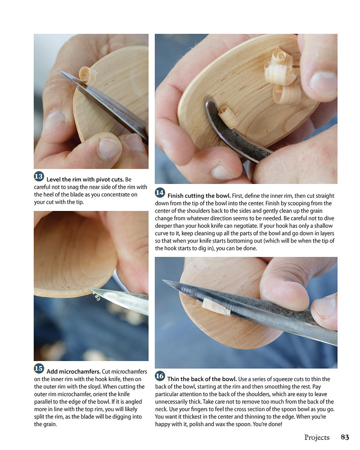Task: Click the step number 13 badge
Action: click(39, 176)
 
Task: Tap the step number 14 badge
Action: click(160, 193)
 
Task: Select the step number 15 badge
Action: click(39, 369)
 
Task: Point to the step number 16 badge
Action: click(160, 376)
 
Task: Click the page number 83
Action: click(345, 437)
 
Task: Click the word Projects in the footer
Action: click(317, 437)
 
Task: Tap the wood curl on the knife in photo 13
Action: click(88, 75)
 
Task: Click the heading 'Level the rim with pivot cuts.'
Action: click(85, 179)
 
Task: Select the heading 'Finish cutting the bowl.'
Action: click(199, 196)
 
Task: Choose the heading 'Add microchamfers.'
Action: click(73, 372)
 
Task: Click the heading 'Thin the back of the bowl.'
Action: click(202, 379)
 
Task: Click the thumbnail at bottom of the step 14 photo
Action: click(222, 172)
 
